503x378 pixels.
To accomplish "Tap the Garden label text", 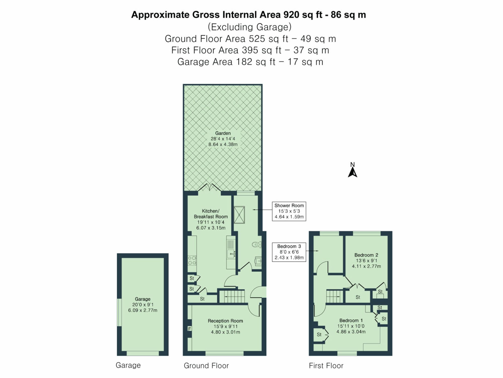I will pos(223,133).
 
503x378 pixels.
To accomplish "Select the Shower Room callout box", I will pos(289,211).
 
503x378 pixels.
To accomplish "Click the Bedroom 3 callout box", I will pos(289,252).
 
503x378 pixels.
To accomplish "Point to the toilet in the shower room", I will pos(257,244).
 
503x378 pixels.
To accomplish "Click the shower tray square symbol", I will pos(239,215).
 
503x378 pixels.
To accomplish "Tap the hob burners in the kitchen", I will pos(192,260).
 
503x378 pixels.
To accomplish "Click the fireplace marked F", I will pos(190,329).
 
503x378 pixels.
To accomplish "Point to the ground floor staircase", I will pos(231,296).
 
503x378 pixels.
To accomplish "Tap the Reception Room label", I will pos(225,321).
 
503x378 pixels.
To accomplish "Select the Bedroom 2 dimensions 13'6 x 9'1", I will pos(366,261).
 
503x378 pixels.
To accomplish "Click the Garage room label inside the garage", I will pos(143,299).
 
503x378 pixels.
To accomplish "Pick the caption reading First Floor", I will pos(326,365).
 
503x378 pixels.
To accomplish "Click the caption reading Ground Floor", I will pos(206,365).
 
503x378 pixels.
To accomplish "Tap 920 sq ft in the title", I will pos(303,15).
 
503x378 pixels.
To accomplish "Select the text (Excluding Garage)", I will pos(249,27).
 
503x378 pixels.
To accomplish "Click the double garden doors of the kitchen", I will pos(209,188).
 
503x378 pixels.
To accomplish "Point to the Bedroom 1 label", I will pos(351,321).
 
